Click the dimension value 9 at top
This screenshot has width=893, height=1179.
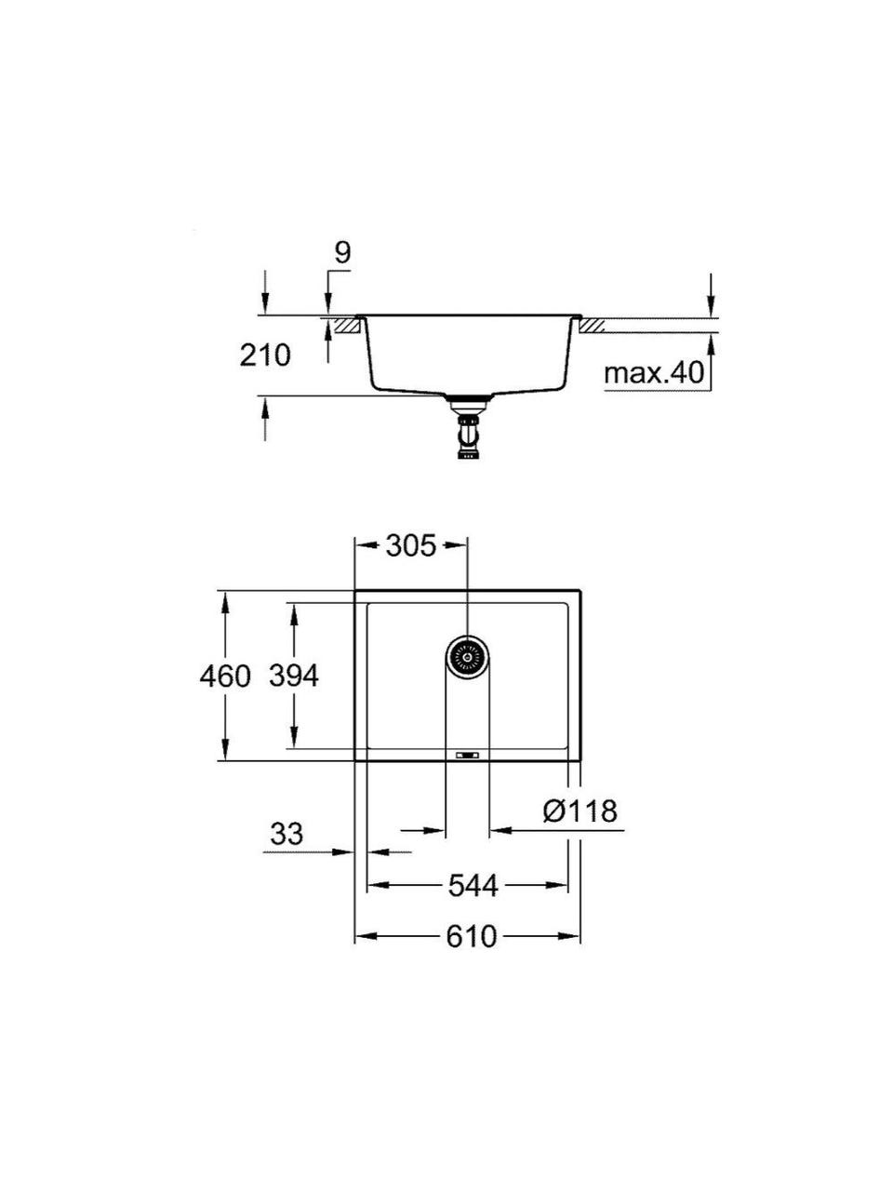tap(342, 252)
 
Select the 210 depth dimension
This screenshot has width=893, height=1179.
tap(265, 355)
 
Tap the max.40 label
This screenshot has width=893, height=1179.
tap(653, 372)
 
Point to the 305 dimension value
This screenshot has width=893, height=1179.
tap(411, 547)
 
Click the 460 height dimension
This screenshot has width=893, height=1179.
tap(225, 676)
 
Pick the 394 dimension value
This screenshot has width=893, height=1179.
tap(294, 676)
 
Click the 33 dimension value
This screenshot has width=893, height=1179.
tap(287, 834)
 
